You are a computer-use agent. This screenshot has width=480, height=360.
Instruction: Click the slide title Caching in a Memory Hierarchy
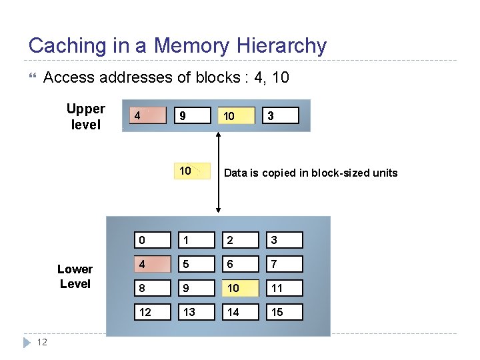click(x=177, y=46)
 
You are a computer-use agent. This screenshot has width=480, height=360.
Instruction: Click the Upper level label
click(x=85, y=117)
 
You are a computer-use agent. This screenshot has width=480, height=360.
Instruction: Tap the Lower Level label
click(x=75, y=277)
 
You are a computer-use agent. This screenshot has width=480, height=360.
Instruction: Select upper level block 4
click(x=148, y=115)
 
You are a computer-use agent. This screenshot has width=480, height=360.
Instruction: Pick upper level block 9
click(x=192, y=115)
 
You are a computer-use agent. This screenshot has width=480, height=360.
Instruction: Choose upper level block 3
click(x=281, y=115)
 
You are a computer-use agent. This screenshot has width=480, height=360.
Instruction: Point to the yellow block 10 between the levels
click(x=192, y=171)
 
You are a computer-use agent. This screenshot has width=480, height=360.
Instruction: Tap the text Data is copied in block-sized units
click(x=311, y=173)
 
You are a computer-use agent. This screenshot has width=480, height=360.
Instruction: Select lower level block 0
click(x=151, y=240)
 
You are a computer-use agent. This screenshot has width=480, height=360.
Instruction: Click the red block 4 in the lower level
click(x=151, y=264)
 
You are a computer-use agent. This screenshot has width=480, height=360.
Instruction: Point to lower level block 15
click(x=285, y=312)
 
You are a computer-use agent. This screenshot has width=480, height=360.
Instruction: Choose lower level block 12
click(x=151, y=312)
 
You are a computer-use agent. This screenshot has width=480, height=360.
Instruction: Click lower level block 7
click(x=285, y=264)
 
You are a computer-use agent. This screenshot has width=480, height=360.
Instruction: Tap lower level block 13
click(x=196, y=312)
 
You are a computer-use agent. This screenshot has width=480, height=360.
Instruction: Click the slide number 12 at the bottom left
click(x=41, y=343)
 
